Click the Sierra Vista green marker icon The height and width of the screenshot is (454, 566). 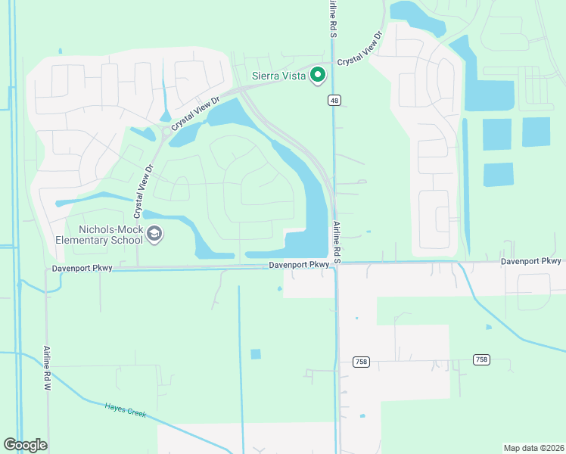[318, 75]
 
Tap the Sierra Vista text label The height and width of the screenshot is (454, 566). [278, 76]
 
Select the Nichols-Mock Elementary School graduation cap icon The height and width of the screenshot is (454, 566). [155, 235]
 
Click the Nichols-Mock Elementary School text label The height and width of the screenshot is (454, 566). [98, 235]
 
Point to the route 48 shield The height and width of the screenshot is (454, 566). [334, 100]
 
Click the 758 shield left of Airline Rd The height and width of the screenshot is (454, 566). [360, 362]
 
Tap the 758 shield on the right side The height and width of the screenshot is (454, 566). [481, 359]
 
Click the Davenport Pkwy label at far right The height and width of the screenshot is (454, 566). [530, 261]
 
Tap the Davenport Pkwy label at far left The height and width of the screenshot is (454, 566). [82, 269]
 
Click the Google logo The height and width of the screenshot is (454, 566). [25, 445]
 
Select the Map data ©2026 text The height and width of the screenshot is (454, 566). [533, 447]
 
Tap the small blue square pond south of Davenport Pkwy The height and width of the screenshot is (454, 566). [255, 353]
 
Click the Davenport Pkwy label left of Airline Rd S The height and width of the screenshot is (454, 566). [300, 265]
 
